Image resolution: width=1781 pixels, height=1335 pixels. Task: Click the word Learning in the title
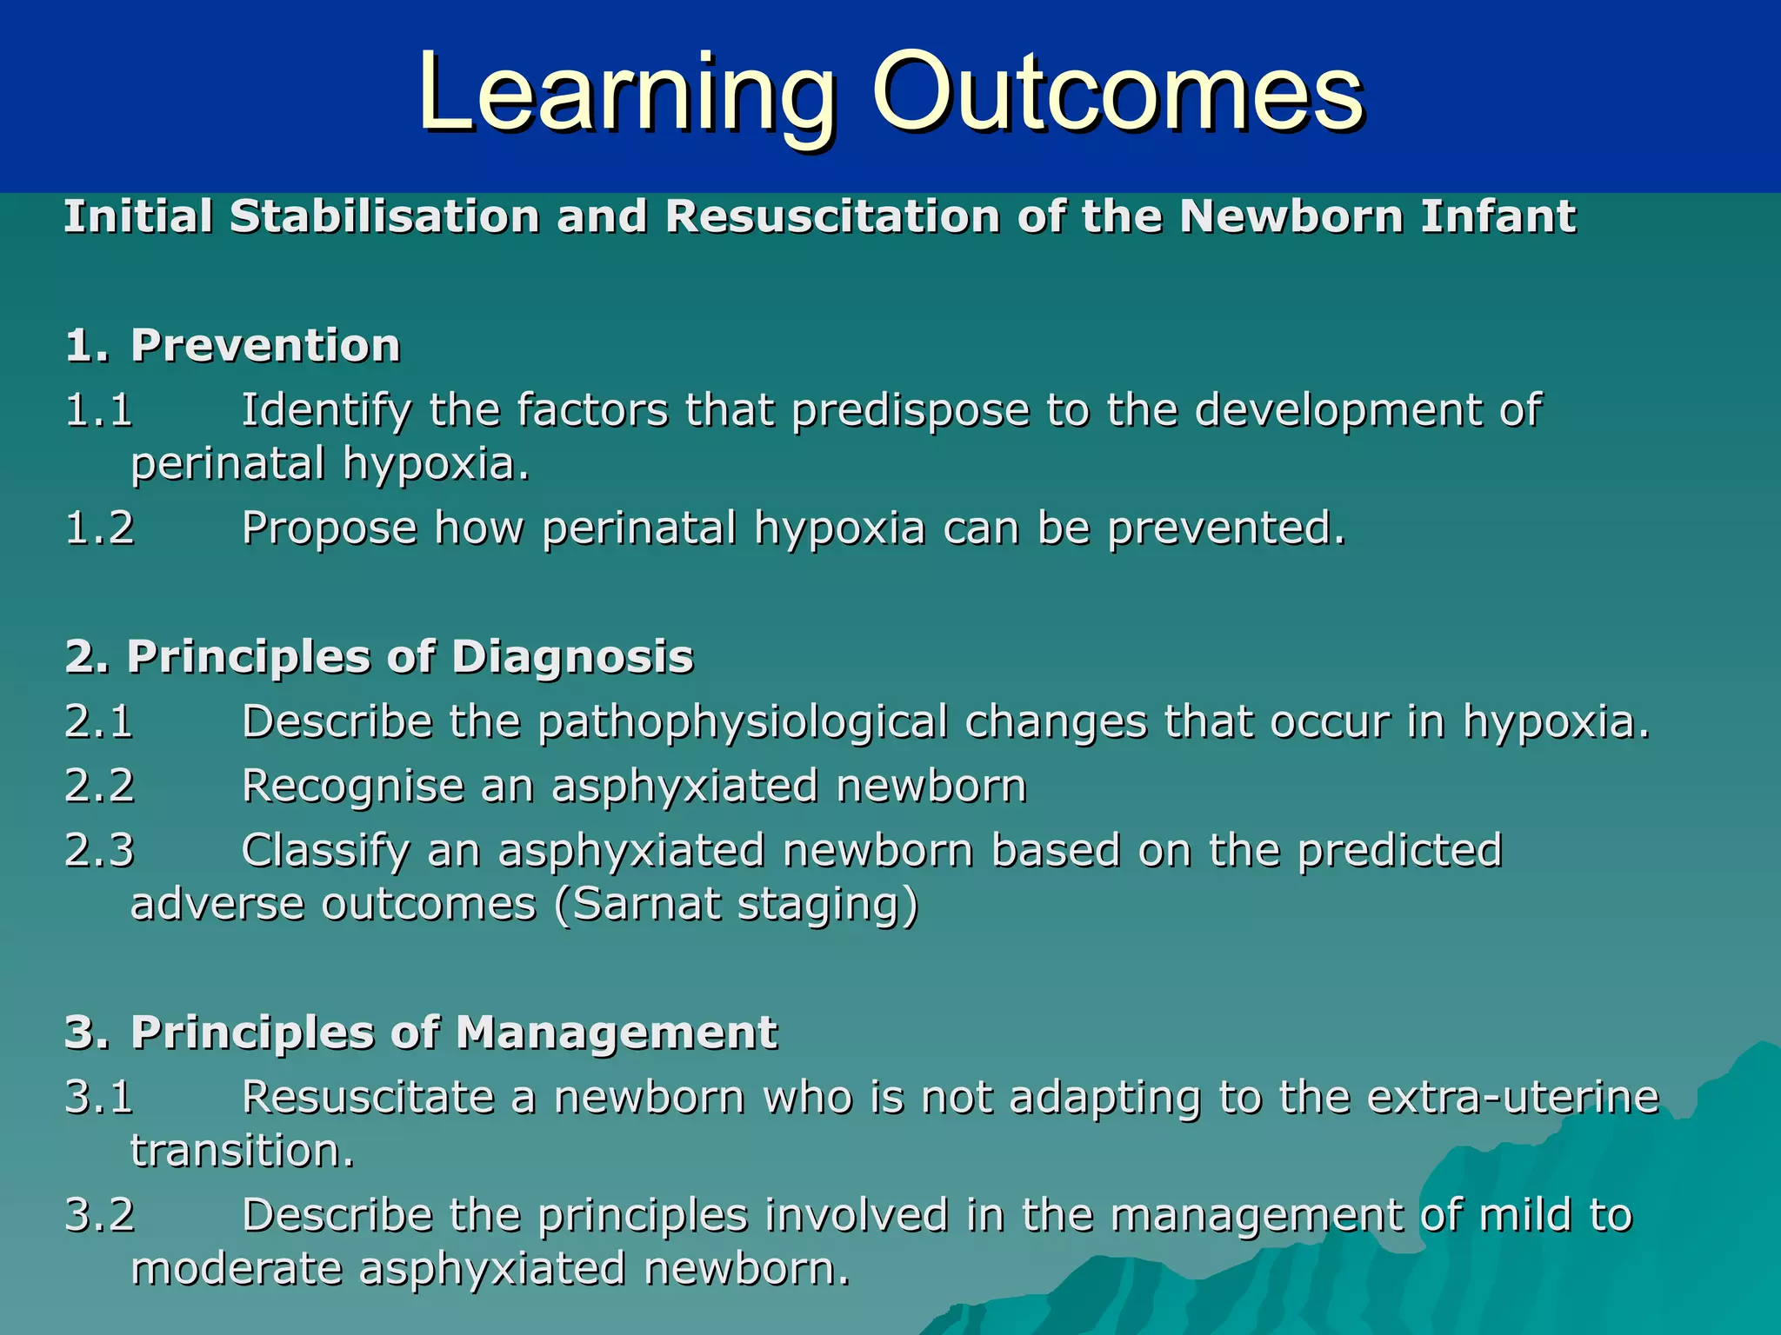(626, 94)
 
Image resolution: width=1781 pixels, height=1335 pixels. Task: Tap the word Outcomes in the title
(1117, 94)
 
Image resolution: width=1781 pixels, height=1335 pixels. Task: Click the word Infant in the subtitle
(1498, 216)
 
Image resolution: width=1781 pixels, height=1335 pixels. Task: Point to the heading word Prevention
(265, 345)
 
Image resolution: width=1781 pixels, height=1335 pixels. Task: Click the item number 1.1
(99, 409)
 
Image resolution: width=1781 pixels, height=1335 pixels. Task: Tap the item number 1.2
(100, 527)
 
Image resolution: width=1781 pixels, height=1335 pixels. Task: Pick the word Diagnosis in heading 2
(572, 656)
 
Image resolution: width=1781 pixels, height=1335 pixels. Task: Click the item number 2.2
(100, 785)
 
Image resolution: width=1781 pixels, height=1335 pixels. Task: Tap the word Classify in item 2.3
(325, 851)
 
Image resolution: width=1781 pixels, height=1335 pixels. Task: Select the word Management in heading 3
(616, 1033)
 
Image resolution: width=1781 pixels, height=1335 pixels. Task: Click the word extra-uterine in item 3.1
(1512, 1097)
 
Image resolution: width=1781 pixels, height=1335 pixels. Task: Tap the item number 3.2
(100, 1214)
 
